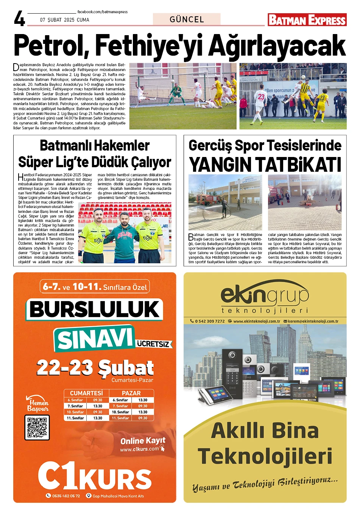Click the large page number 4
pyautogui.click(x=19, y=19)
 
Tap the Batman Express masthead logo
pyautogui.click(x=307, y=20)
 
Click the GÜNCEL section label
pyautogui.click(x=187, y=19)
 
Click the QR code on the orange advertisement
pyautogui.click(x=37, y=427)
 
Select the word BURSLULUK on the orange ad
pyautogui.click(x=95, y=309)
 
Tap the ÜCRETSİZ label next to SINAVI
pyautogui.click(x=153, y=344)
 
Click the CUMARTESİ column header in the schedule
pyautogui.click(x=86, y=393)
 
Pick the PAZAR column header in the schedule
pyautogui.click(x=131, y=393)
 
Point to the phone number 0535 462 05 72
pyautogui.click(x=66, y=496)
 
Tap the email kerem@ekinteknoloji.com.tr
pyautogui.click(x=313, y=321)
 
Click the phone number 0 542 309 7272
pyautogui.click(x=210, y=321)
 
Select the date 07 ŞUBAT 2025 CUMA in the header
pyautogui.click(x=65, y=20)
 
